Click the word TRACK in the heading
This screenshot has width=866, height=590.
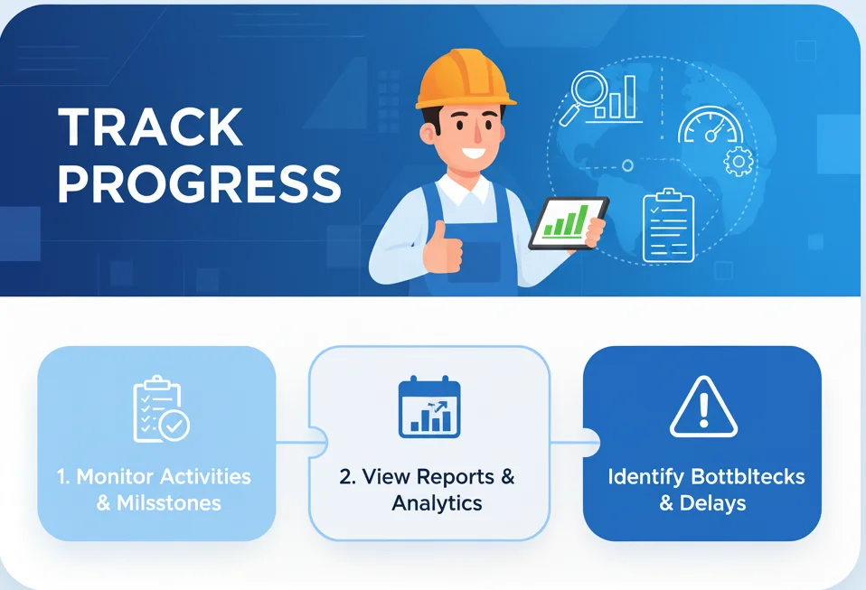pyautogui.click(x=151, y=127)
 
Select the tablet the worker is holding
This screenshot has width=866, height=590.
pyautogui.click(x=568, y=223)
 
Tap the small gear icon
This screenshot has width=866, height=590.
pyautogui.click(x=739, y=161)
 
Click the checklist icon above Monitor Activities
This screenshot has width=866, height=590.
pyautogui.click(x=159, y=411)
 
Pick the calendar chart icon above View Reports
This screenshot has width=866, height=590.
pyautogui.click(x=429, y=408)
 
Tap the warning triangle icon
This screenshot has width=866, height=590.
pyautogui.click(x=703, y=407)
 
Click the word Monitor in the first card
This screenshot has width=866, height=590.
pyautogui.click(x=117, y=476)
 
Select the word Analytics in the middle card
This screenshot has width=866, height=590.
pyautogui.click(x=437, y=503)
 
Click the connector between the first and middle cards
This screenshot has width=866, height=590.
pyautogui.click(x=292, y=443)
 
